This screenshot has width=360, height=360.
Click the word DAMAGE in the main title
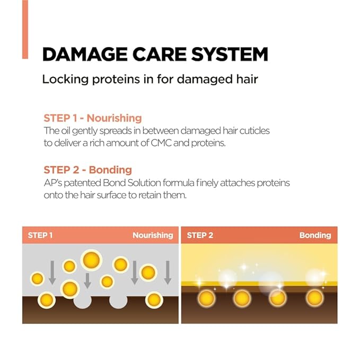(x=85, y=54)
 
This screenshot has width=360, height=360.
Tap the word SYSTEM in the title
(x=230, y=54)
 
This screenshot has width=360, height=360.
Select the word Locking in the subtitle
(x=65, y=80)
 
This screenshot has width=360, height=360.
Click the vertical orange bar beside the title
(x=25, y=29)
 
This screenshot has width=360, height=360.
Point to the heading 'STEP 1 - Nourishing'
(x=93, y=118)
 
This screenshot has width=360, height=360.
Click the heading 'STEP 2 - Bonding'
(x=88, y=170)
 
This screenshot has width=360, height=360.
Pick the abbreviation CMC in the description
(x=161, y=143)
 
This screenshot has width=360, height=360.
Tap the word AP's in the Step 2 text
(x=53, y=183)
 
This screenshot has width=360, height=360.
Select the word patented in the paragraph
(x=82, y=183)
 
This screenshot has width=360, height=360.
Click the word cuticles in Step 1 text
(x=254, y=130)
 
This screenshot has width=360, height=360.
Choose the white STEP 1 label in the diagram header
(x=40, y=235)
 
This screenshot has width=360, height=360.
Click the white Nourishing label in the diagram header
(x=153, y=235)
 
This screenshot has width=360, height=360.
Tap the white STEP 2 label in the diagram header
(x=200, y=235)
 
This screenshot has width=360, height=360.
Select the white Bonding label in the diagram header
(x=315, y=235)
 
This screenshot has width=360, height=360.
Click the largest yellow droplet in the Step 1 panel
(x=91, y=260)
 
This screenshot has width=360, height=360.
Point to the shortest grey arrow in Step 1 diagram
(x=87, y=281)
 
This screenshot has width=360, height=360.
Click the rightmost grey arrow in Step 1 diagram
(x=168, y=273)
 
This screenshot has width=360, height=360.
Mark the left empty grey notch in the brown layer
(x=82, y=301)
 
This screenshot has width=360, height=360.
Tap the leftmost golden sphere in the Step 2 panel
(x=206, y=298)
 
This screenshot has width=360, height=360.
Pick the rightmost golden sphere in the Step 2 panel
(x=314, y=298)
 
